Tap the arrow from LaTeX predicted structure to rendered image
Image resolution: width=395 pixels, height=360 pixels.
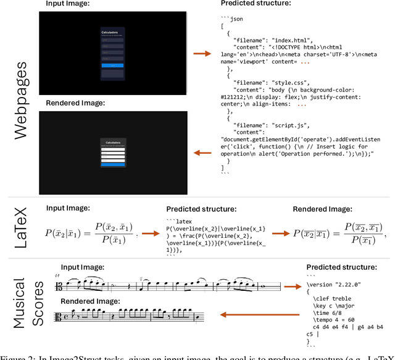coord(287,234)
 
